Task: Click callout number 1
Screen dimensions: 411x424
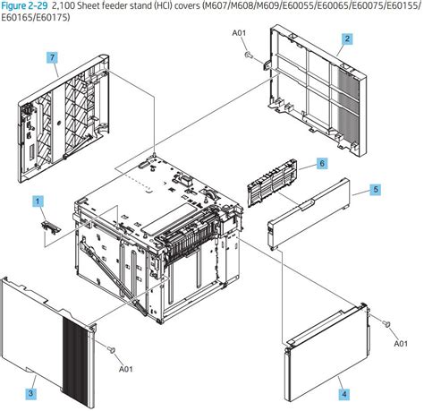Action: point(38,202)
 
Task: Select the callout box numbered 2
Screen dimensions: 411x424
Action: point(347,39)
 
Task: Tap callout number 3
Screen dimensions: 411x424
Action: point(30,392)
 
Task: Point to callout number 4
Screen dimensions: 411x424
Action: point(343,392)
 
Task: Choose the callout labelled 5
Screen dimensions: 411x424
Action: point(376,189)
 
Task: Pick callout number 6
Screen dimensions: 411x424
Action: point(321,163)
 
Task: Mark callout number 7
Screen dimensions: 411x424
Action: point(53,57)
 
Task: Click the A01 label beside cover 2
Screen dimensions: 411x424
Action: point(239,35)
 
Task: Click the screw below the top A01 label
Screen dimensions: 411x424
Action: point(245,55)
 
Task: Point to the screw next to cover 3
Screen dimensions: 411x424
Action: point(111,350)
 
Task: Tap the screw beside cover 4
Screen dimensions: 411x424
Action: point(386,323)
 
